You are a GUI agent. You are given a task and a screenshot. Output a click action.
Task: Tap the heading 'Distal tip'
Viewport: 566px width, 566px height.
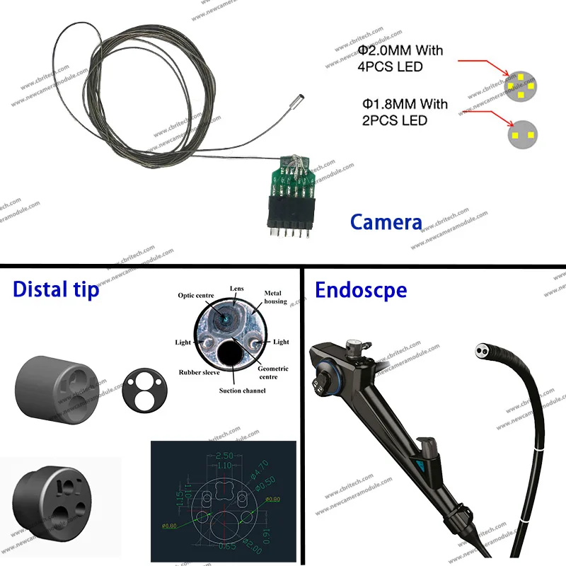(x=57, y=290)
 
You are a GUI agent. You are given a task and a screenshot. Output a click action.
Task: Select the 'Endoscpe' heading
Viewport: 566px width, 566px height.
(x=361, y=290)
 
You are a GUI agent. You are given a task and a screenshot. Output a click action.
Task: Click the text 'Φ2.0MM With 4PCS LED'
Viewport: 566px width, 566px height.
(x=400, y=59)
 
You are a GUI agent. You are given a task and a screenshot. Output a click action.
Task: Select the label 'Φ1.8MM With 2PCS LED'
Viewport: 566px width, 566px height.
(x=403, y=112)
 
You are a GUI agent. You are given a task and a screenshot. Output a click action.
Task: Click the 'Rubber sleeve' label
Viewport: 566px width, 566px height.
(x=199, y=372)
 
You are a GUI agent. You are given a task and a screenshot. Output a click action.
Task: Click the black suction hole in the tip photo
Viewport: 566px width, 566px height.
(x=232, y=352)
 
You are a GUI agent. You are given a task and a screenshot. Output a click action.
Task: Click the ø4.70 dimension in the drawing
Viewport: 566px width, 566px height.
(x=259, y=468)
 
